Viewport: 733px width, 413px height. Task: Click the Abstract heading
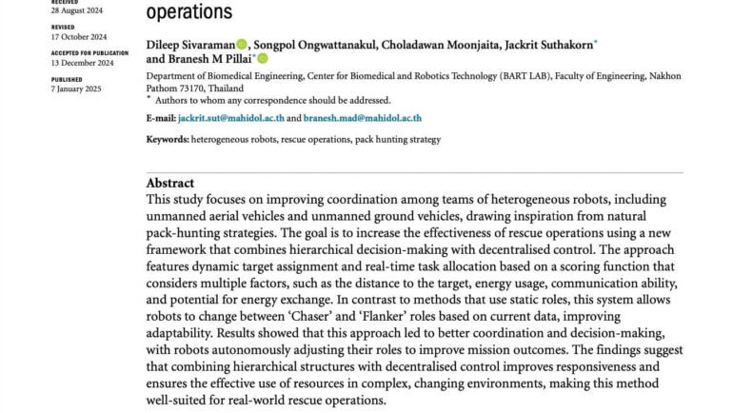click(x=169, y=183)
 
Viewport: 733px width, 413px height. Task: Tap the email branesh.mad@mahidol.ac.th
click(x=364, y=119)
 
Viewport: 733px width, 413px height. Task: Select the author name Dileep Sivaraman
click(x=189, y=45)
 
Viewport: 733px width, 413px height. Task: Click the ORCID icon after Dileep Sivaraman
click(x=242, y=45)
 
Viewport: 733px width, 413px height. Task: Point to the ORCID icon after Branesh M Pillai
click(x=263, y=59)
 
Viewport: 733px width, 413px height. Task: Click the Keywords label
click(x=167, y=140)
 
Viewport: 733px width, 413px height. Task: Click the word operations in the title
click(x=188, y=11)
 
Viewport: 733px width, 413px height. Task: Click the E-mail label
click(x=161, y=119)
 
